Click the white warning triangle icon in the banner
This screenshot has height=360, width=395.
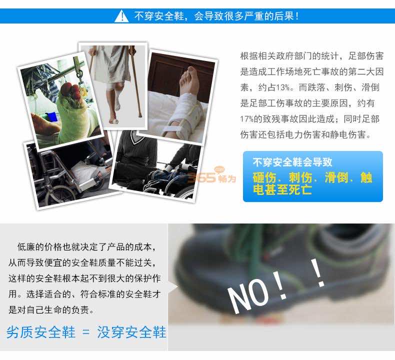click(121, 16)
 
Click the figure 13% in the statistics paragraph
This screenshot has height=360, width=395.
click(283, 87)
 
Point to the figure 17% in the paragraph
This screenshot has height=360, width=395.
click(247, 119)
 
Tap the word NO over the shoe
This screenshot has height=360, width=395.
click(248, 296)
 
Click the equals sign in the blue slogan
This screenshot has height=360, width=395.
click(86, 332)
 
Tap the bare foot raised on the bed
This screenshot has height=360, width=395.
click(189, 80)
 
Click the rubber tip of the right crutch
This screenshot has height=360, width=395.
click(140, 115)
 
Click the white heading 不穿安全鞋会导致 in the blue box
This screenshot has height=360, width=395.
click(292, 162)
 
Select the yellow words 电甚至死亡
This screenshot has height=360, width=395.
click(282, 190)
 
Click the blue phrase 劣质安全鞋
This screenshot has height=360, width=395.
click(41, 332)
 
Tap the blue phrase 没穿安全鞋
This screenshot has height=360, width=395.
click(131, 332)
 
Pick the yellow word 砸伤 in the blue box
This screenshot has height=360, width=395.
click(264, 177)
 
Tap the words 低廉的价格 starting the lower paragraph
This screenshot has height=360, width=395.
click(40, 247)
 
